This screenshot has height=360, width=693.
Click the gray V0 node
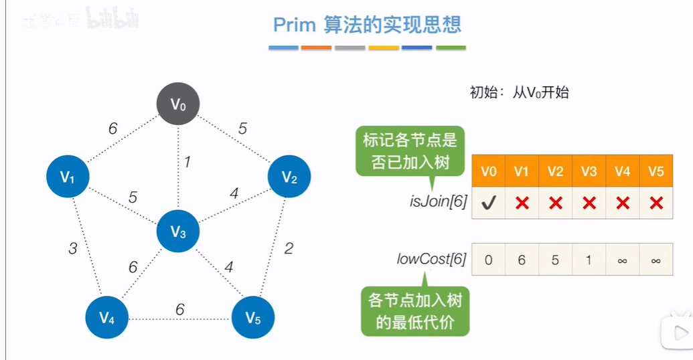178,104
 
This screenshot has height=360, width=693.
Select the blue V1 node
68,177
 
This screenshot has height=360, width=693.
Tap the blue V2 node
289,177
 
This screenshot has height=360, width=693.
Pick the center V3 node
178,232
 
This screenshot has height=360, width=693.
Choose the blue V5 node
253,317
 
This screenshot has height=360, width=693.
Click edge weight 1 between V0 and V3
187,161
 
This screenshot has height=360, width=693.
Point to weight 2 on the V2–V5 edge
289,249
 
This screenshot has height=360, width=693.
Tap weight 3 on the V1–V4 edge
73,249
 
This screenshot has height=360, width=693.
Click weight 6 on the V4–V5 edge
179,309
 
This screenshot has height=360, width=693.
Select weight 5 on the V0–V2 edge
242,128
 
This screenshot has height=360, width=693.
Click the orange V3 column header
589,171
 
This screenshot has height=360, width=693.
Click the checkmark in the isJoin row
489,203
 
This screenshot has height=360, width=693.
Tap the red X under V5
656,203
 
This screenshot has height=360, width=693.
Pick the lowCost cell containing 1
589,260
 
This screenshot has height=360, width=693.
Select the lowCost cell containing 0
489,260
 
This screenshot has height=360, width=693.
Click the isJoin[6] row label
438,201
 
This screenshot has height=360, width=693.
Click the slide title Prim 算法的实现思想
367,25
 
